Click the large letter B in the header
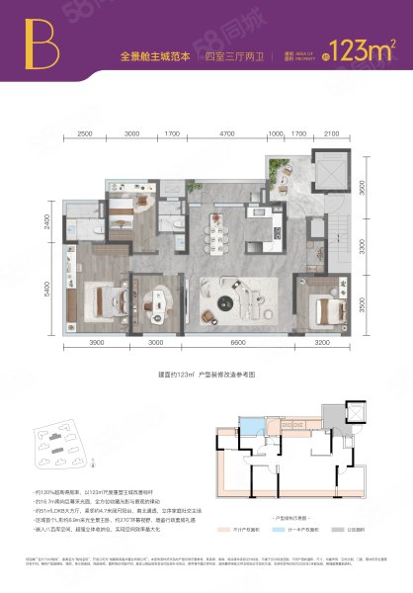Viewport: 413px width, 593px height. click(x=41, y=42)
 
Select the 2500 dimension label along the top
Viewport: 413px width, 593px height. click(x=84, y=132)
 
